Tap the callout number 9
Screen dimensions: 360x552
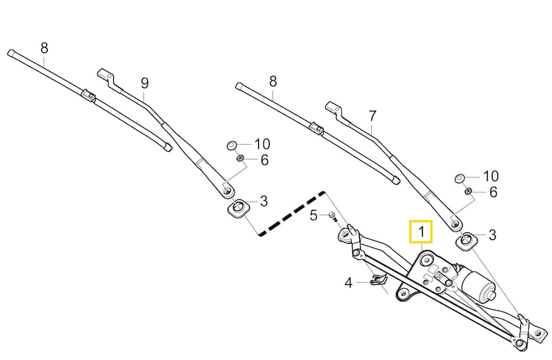coord(144,83)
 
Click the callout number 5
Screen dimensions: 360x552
coord(314,215)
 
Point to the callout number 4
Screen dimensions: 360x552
coord(348,282)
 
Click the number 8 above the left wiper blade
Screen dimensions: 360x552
coord(44,48)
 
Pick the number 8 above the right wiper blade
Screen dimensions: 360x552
coord(273,81)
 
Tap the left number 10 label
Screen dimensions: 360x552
coord(262,144)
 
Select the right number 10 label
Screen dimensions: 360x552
coord(490,176)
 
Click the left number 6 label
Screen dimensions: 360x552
coord(264,160)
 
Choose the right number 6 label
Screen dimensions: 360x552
coord(493,192)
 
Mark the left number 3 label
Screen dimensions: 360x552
coord(264,201)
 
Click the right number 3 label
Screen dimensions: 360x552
coord(492,235)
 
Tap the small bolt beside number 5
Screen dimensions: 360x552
coord(332,217)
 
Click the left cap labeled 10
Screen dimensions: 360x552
coord(233,146)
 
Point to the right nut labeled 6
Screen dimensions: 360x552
coord(468,191)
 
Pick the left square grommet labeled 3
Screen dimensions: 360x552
coord(238,208)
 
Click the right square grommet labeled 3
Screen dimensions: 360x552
coord(468,241)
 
